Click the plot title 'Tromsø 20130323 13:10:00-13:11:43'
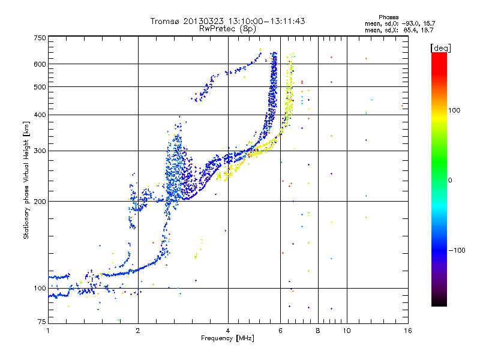point(227,21)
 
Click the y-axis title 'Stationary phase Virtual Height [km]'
point(26,180)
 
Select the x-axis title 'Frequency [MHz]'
point(227,339)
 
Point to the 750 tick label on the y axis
point(40,38)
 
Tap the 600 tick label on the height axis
point(40,64)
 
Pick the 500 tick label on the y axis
point(40,87)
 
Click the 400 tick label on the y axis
point(40,115)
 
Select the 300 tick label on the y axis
point(40,151)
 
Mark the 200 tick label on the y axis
point(40,202)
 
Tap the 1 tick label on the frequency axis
point(48,331)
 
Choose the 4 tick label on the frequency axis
point(228,331)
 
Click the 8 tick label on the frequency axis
point(317,331)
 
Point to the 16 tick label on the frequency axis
point(407,331)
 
